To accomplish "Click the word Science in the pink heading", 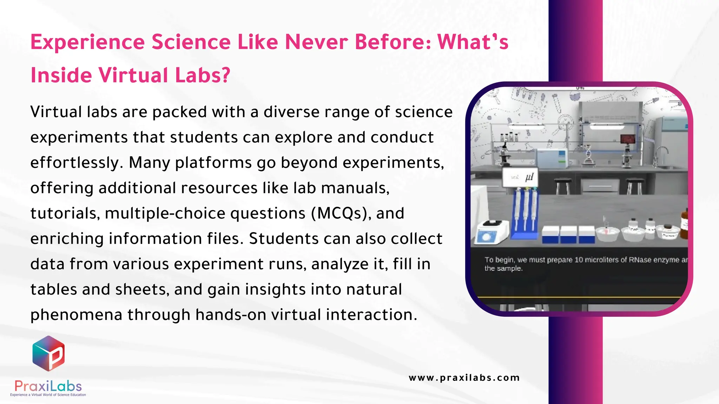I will (x=191, y=42).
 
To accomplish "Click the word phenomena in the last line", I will (x=76, y=315).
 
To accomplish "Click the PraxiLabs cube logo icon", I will (x=48, y=353).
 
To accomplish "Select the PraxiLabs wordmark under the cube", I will (x=48, y=386).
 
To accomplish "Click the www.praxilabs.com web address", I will (x=464, y=378).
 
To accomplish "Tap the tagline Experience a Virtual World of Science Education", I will (x=48, y=395).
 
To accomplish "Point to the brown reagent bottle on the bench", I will (x=684, y=225).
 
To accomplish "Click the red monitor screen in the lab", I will (x=627, y=139).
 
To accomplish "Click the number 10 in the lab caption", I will (x=579, y=260).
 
